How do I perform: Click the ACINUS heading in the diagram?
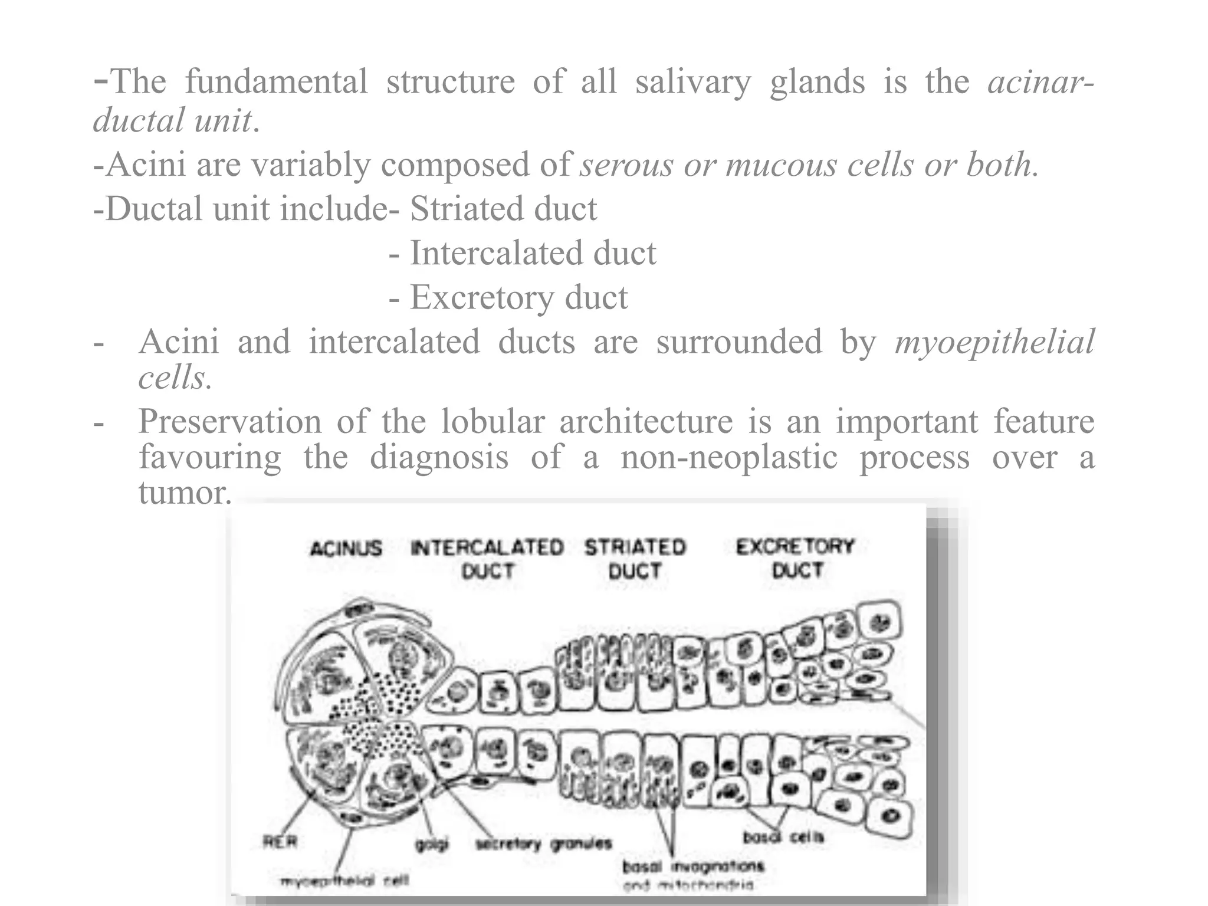tap(346, 549)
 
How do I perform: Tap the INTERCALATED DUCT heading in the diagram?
tap(487, 559)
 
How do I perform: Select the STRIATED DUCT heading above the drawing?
tap(635, 559)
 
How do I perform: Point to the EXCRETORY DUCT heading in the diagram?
tap(796, 558)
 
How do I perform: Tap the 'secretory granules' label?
tap(544, 843)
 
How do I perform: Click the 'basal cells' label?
tap(783, 836)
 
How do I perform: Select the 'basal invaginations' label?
tap(693, 866)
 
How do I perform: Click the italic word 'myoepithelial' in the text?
tap(994, 342)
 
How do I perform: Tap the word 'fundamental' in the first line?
tap(276, 81)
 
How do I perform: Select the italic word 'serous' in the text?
tap(626, 165)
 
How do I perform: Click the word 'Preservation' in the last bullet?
tap(230, 422)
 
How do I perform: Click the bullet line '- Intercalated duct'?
tap(523, 253)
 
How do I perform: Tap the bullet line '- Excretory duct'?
tap(508, 297)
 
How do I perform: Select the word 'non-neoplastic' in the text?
tap(729, 457)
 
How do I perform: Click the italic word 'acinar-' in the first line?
tap(1041, 81)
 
